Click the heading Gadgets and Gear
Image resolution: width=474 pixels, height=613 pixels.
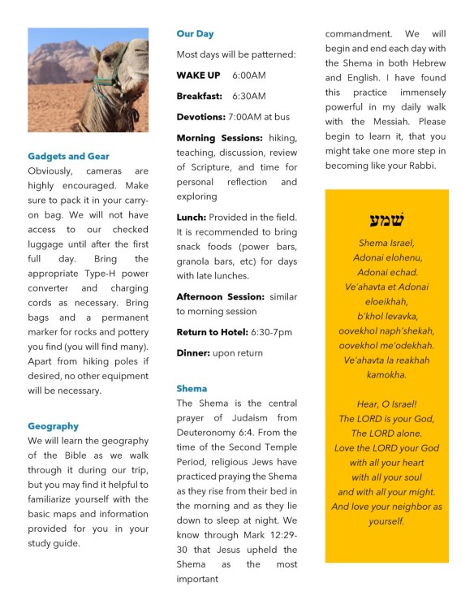pos(68,156)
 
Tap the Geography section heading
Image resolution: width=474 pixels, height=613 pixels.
pos(53,425)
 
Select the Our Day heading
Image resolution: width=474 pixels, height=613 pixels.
pos(195,34)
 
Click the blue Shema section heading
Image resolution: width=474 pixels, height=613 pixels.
pos(192,388)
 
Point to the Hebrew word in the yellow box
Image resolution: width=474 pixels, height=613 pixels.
pos(386,220)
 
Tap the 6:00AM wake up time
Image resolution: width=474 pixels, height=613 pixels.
pos(248,75)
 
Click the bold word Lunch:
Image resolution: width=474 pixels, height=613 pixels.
pos(192,218)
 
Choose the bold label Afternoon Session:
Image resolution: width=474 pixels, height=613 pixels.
pos(221,296)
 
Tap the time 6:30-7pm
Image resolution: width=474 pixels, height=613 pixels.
pos(272,332)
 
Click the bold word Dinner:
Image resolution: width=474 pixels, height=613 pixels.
pos(194,353)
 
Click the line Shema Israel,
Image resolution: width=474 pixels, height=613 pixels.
pos(386,243)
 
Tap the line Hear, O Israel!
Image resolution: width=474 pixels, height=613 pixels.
pos(386,404)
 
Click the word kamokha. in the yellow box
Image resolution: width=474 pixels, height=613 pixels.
pos(386,374)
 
